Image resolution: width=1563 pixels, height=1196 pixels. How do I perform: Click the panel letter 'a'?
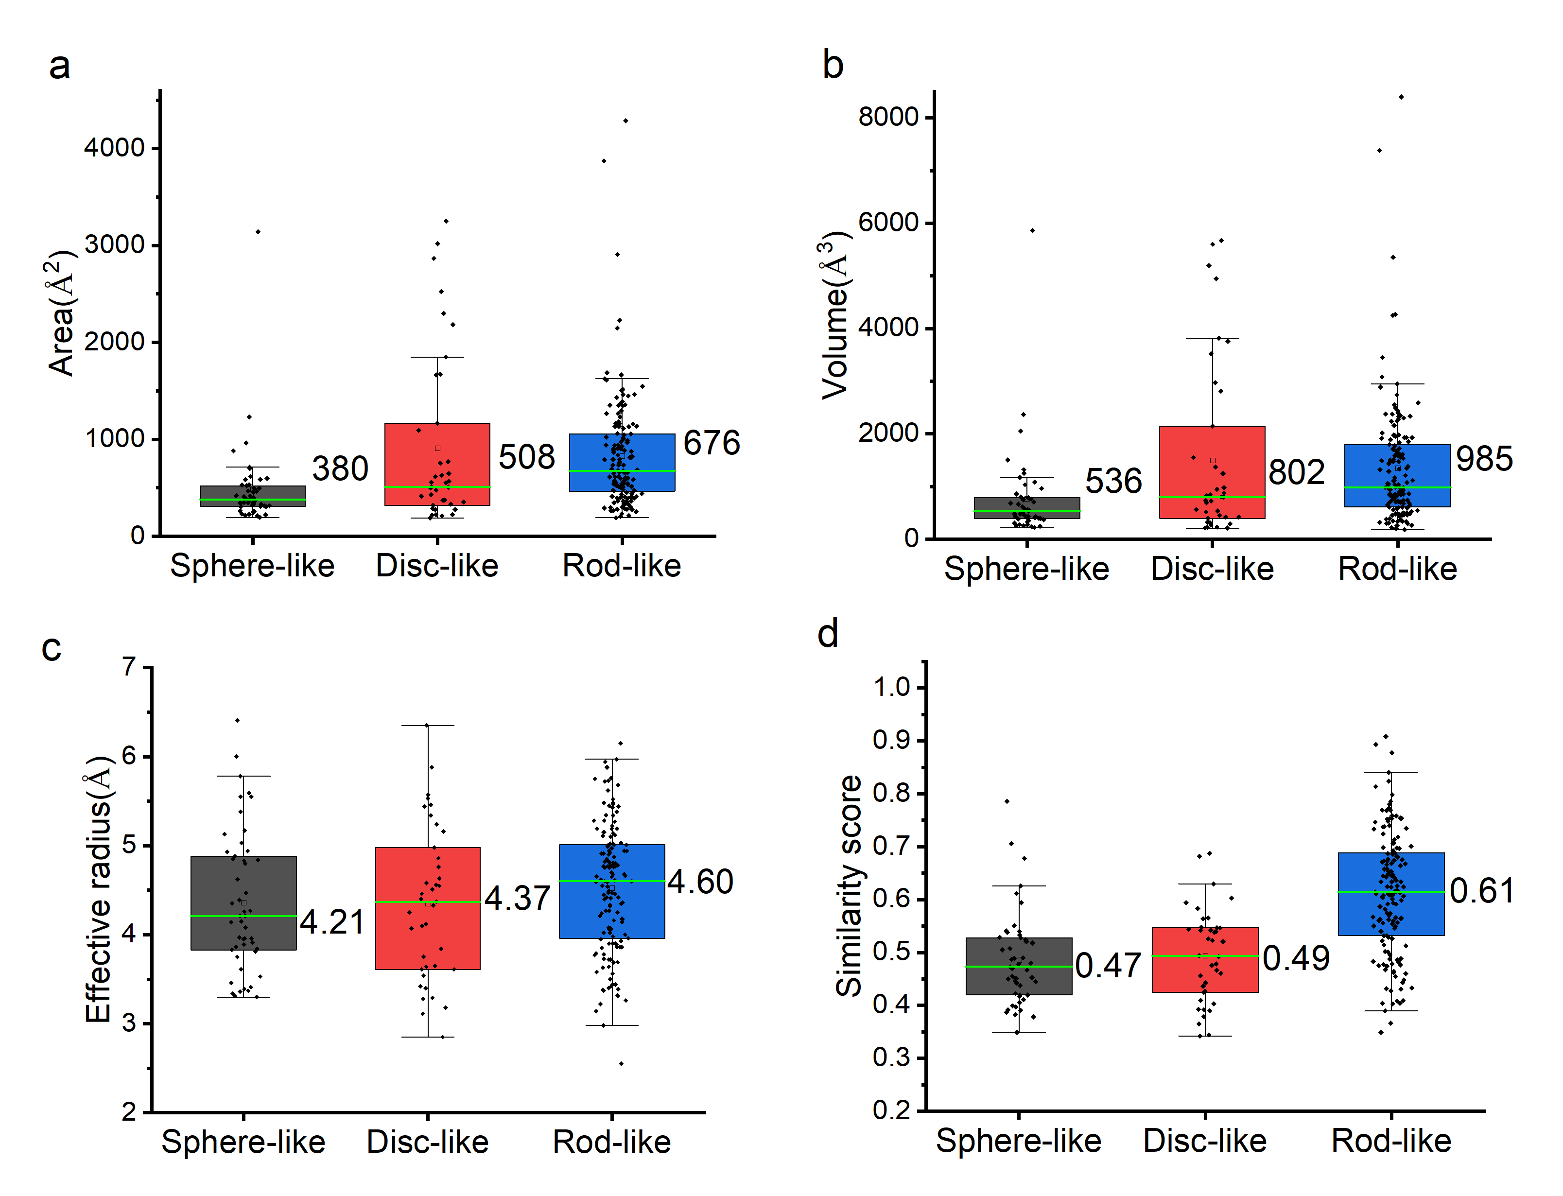click(60, 66)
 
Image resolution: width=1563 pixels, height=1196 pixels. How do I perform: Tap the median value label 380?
click(340, 469)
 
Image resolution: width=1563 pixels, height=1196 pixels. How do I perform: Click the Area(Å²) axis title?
click(61, 313)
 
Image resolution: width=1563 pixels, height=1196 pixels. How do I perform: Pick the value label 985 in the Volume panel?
click(1484, 459)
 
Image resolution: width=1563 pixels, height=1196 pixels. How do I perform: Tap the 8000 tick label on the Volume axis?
click(888, 117)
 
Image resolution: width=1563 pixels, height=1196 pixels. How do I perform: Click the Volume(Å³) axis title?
click(835, 315)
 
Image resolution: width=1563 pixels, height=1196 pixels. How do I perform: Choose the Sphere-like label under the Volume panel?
click(1026, 569)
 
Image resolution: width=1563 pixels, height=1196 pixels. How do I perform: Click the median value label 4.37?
click(518, 899)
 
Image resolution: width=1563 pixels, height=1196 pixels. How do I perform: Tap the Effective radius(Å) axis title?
click(98, 890)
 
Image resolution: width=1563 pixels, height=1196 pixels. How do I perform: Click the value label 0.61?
click(1482, 891)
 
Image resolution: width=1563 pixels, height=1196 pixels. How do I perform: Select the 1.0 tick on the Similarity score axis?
click(892, 688)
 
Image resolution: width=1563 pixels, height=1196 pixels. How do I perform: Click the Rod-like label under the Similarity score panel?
click(1391, 1141)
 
